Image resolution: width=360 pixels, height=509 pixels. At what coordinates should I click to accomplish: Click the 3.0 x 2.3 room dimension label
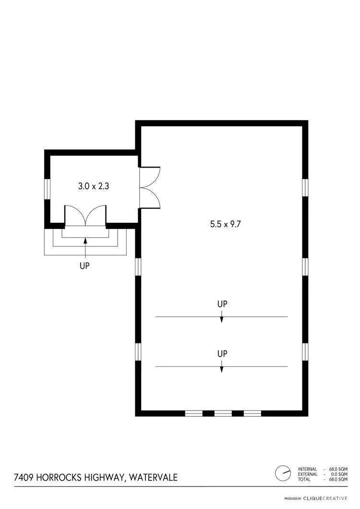(x=94, y=186)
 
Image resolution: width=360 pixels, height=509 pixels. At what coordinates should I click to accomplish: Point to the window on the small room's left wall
(x=48, y=188)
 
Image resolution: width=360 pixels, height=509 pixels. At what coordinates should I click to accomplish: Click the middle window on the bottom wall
(x=223, y=413)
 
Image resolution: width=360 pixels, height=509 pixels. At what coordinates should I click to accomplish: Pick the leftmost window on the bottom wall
(x=194, y=413)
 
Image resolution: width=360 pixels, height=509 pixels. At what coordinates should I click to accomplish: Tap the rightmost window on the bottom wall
(x=252, y=413)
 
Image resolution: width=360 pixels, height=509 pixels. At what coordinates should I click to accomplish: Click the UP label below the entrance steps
(x=85, y=265)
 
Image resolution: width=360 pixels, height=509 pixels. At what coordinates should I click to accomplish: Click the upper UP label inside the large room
(x=222, y=304)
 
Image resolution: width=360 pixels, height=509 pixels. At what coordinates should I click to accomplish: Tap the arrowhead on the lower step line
(x=221, y=369)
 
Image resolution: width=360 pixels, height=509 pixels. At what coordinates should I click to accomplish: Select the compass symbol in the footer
(x=283, y=473)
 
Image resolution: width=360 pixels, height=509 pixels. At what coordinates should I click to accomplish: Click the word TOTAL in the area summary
(x=305, y=479)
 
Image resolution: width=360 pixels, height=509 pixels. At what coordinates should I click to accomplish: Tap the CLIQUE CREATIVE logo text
(x=325, y=499)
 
